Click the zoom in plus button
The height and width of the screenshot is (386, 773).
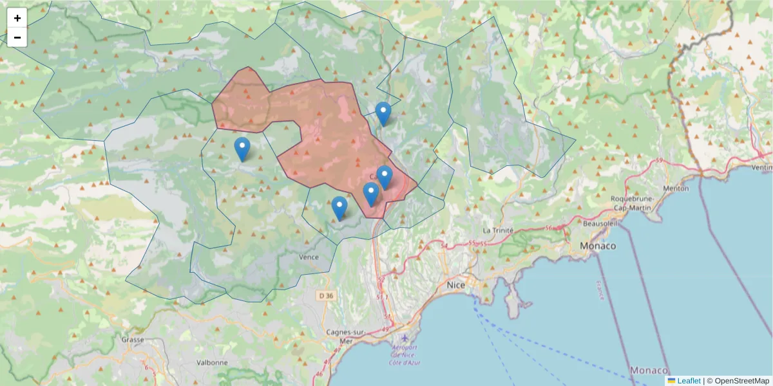(x=17, y=18)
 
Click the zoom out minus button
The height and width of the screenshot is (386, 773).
(x=17, y=37)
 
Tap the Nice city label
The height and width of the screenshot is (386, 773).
(x=455, y=284)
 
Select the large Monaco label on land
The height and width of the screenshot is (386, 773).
(x=597, y=246)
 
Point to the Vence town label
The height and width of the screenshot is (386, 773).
(x=309, y=257)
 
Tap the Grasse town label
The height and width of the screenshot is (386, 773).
(x=133, y=339)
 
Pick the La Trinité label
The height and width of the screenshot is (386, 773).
(x=498, y=230)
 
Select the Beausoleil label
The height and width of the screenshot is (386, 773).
(x=599, y=223)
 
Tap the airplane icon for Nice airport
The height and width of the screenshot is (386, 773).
(x=405, y=338)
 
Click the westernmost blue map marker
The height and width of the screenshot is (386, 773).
(x=242, y=149)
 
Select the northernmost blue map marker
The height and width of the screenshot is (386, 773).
(x=383, y=113)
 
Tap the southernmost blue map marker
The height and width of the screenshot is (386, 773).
(x=339, y=208)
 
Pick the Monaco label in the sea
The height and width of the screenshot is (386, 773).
(x=649, y=371)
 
